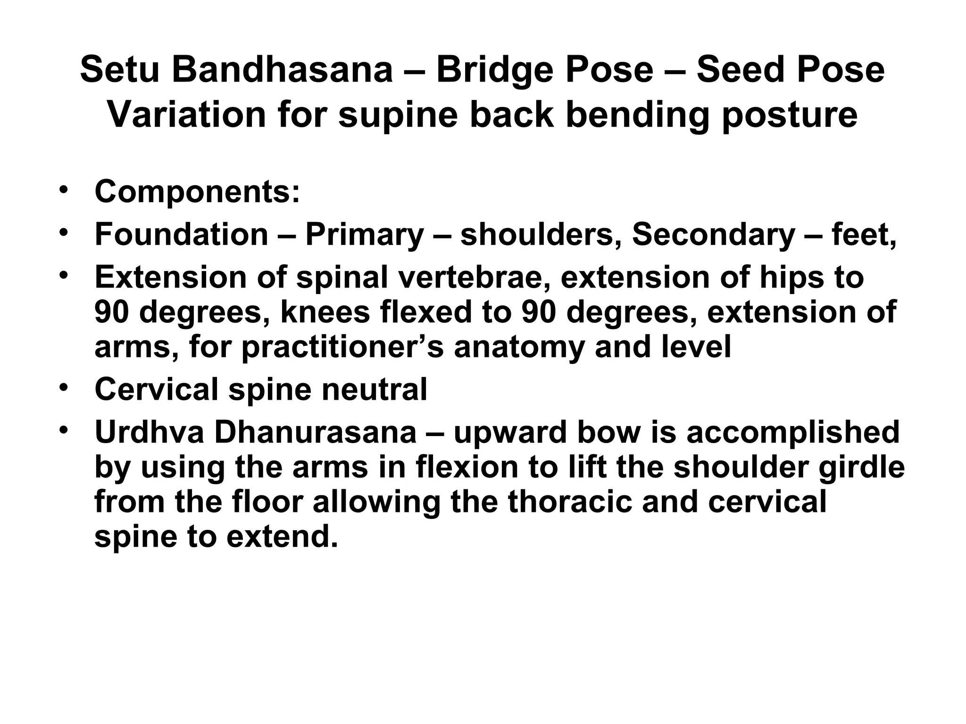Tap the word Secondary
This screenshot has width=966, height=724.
(x=713, y=234)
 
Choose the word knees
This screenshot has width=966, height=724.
(x=325, y=312)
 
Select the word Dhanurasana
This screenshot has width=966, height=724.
(x=315, y=432)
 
